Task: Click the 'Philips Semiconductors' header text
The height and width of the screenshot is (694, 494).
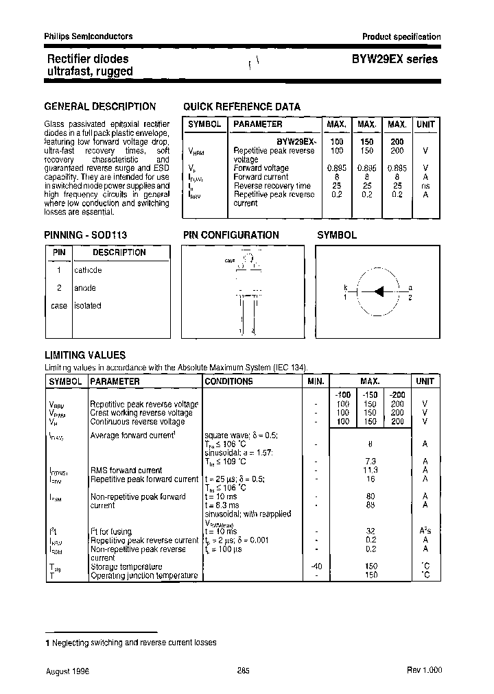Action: pyautogui.click(x=89, y=36)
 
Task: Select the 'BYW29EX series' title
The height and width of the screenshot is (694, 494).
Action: pyautogui.click(x=395, y=60)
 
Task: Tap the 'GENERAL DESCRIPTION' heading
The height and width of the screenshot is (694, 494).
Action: pyautogui.click(x=99, y=106)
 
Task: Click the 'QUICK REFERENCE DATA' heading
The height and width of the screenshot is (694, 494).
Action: pyautogui.click(x=242, y=107)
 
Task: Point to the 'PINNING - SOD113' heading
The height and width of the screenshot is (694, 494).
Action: pyautogui.click(x=86, y=235)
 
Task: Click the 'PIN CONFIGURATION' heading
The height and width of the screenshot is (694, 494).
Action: pyautogui.click(x=231, y=235)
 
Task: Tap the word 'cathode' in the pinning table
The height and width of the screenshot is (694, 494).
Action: pyautogui.click(x=88, y=270)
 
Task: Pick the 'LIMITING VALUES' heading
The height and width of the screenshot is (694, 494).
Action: pyautogui.click(x=84, y=355)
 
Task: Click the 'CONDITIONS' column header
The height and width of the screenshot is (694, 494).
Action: pyautogui.click(x=228, y=381)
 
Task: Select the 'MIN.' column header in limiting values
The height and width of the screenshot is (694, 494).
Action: pyautogui.click(x=316, y=381)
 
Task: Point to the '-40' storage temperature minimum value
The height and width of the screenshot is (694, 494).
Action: pyautogui.click(x=316, y=566)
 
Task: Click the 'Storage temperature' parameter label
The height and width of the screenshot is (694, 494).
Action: pyautogui.click(x=126, y=566)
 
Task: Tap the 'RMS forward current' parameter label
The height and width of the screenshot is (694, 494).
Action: pyautogui.click(x=126, y=470)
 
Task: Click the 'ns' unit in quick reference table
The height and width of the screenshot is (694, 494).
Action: pyautogui.click(x=425, y=186)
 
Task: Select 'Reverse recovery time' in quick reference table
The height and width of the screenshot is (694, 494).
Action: pyautogui.click(x=272, y=186)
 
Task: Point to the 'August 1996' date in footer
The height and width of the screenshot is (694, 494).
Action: pyautogui.click(x=67, y=671)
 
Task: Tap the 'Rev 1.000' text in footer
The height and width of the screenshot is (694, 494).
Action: pyautogui.click(x=425, y=671)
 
